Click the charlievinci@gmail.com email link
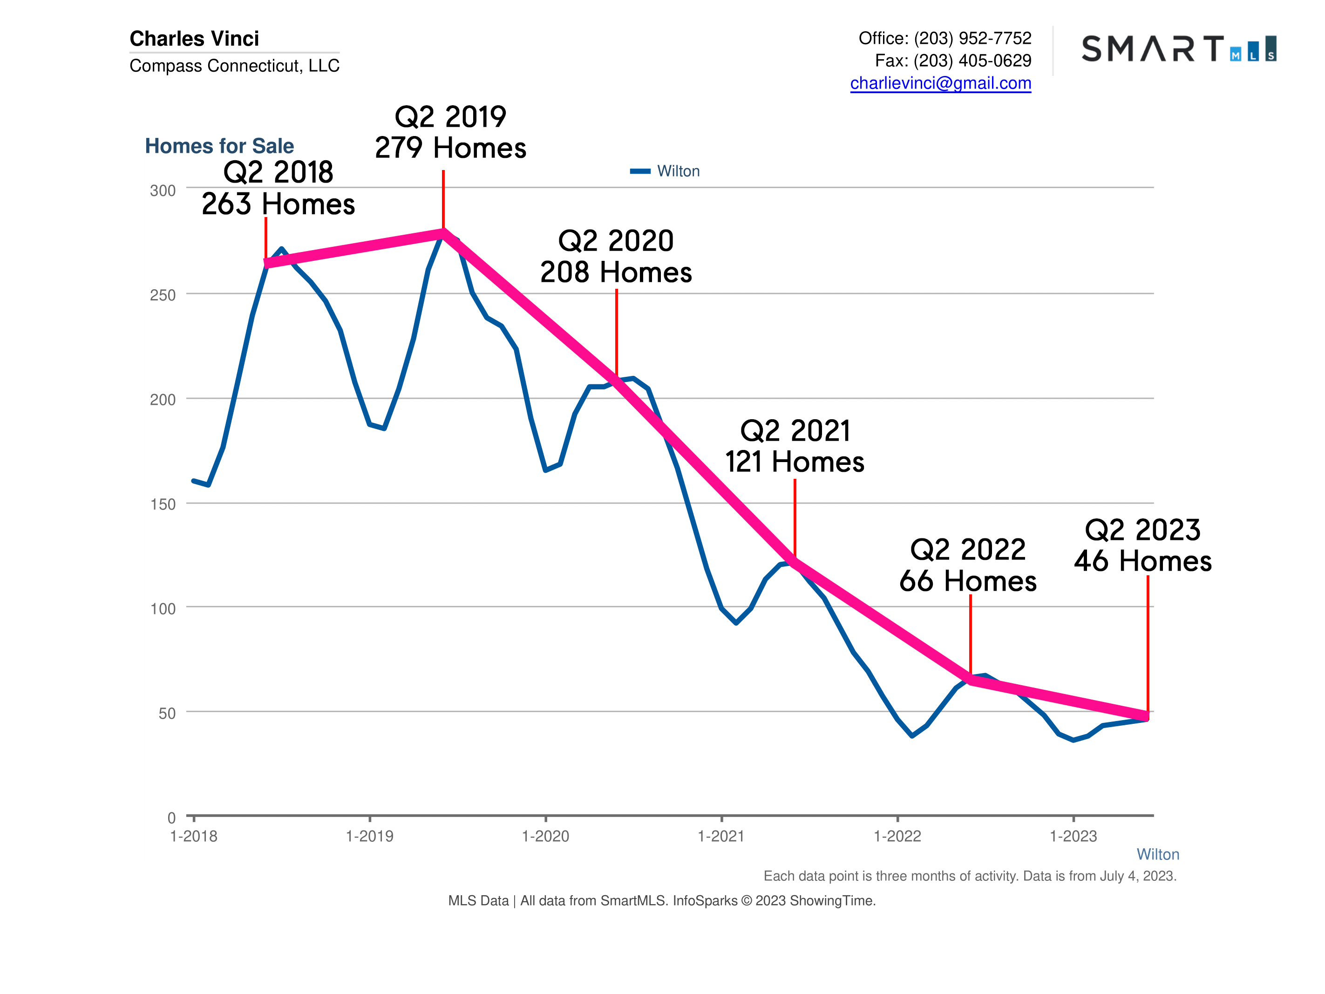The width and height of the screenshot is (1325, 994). (x=940, y=83)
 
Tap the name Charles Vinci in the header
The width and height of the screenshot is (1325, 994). (x=194, y=38)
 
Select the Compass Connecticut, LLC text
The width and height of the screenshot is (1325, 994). (x=234, y=65)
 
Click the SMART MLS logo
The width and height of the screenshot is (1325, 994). (x=1178, y=49)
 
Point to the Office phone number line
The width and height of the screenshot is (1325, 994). (x=944, y=38)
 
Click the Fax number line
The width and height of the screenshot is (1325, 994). (x=952, y=61)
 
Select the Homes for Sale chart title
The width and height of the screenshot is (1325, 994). (x=219, y=146)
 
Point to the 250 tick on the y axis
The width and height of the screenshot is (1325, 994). (x=163, y=295)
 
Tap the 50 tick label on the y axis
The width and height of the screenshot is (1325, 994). (x=167, y=713)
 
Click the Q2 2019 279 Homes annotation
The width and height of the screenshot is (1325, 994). (x=450, y=132)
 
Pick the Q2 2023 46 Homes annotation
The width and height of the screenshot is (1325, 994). (x=1142, y=545)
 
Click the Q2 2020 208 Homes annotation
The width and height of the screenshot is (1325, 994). (x=616, y=257)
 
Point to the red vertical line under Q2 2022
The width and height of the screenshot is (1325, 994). (x=971, y=635)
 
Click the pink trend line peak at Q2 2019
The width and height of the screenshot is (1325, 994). (x=443, y=233)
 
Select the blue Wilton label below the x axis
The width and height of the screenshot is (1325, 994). (x=1157, y=854)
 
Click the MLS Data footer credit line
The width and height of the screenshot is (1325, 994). (x=661, y=900)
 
